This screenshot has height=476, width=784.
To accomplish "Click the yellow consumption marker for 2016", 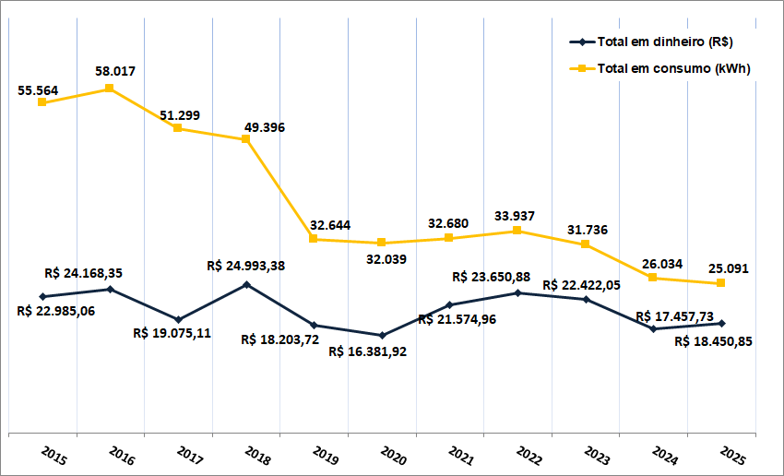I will [110, 89].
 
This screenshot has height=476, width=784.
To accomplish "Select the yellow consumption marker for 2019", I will [314, 239].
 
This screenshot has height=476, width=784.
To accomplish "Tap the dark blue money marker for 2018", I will [246, 284].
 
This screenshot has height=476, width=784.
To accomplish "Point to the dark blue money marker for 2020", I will [382, 335].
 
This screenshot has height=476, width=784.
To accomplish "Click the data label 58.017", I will [115, 70].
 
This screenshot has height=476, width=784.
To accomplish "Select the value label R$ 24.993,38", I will [246, 266].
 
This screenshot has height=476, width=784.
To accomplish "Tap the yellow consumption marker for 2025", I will [721, 283].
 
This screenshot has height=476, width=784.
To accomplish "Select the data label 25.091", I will [729, 269].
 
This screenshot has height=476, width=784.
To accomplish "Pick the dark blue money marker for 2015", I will [42, 296].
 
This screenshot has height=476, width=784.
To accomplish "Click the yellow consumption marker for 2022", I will [517, 231].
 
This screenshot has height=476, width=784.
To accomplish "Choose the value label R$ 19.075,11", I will [172, 333].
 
